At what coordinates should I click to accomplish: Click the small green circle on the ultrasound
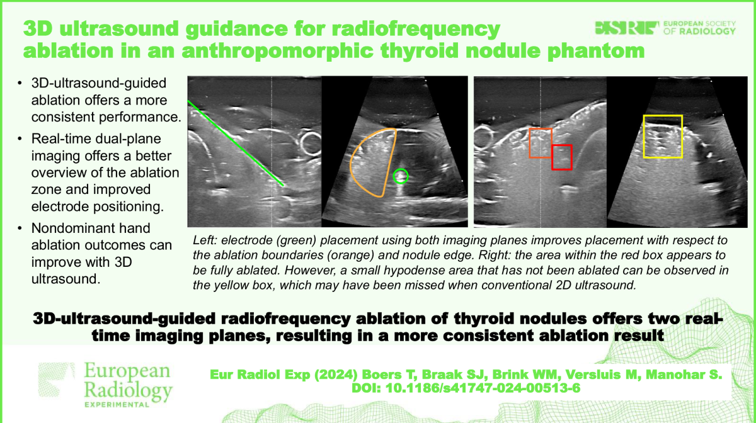(x=401, y=176)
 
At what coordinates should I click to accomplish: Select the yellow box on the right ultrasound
(x=662, y=136)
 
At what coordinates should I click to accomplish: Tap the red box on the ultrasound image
(x=561, y=157)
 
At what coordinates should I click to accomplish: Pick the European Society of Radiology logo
(x=666, y=28)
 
